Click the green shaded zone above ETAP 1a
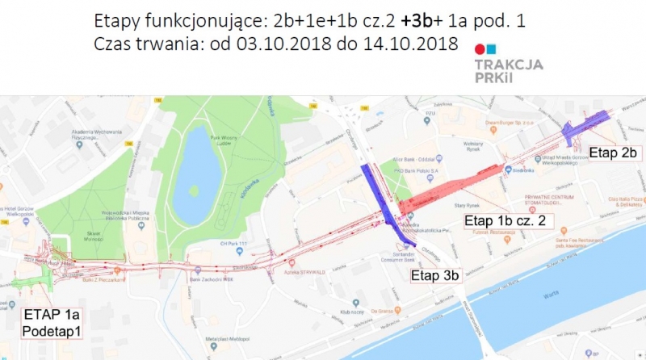[x=32, y=278]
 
